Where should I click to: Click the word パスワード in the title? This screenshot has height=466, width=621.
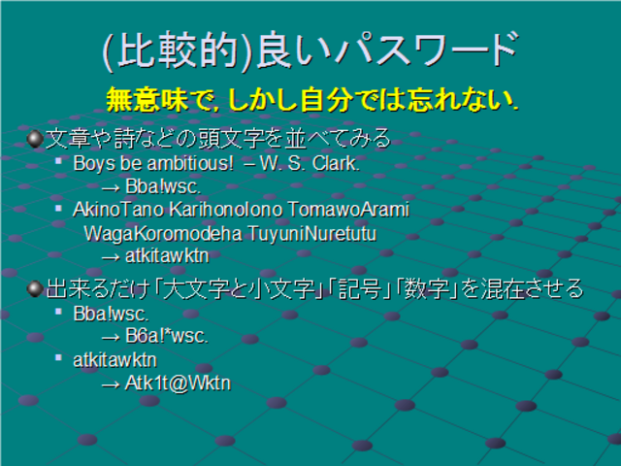(x=427, y=50)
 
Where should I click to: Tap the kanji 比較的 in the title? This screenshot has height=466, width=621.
(x=178, y=50)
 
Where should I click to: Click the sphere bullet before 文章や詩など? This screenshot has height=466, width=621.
(x=35, y=139)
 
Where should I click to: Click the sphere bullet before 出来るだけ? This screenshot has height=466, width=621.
(x=35, y=289)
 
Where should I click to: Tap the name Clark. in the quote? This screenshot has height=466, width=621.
(x=336, y=164)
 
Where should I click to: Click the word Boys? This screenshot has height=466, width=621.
(x=95, y=164)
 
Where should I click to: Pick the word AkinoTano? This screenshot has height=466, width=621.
(x=118, y=210)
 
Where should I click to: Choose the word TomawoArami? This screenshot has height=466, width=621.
(x=348, y=210)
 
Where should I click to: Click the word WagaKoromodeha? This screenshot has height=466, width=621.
(x=163, y=233)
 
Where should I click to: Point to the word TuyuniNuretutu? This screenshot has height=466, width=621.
(x=312, y=233)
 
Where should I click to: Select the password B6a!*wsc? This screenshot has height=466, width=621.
(x=166, y=336)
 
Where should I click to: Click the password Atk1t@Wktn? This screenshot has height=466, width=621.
(x=178, y=383)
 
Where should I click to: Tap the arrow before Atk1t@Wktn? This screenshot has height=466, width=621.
(x=111, y=384)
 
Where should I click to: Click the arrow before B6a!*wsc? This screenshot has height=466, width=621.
(x=111, y=338)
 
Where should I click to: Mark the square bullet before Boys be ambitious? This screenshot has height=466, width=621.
(x=58, y=161)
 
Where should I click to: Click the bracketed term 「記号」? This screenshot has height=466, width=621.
(x=360, y=289)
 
